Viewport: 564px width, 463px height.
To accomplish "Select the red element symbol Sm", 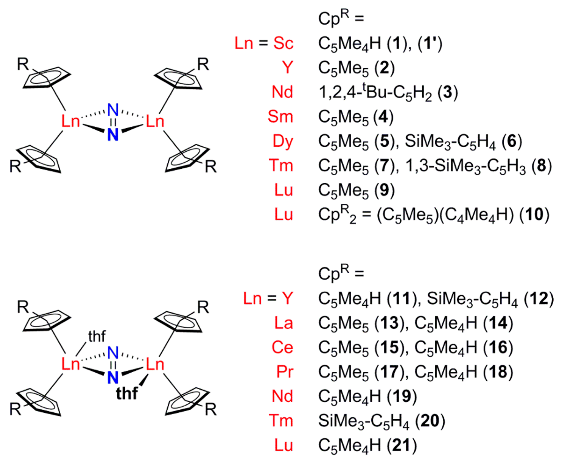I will (x=280, y=117).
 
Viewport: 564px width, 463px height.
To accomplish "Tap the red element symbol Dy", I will (x=283, y=141).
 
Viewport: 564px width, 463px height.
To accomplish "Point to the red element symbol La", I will (x=284, y=323).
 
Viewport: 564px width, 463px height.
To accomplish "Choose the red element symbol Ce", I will (x=282, y=348).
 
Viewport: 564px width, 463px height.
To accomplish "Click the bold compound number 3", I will (x=448, y=92).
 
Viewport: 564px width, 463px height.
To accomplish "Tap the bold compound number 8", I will (x=541, y=166).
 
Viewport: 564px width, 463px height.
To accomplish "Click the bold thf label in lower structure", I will (x=127, y=393).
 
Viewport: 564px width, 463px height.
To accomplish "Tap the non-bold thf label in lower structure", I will (x=97, y=337).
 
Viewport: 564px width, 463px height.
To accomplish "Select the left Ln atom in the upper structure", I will (x=71, y=122).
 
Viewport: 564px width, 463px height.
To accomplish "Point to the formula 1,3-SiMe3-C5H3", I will (x=466, y=166).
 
